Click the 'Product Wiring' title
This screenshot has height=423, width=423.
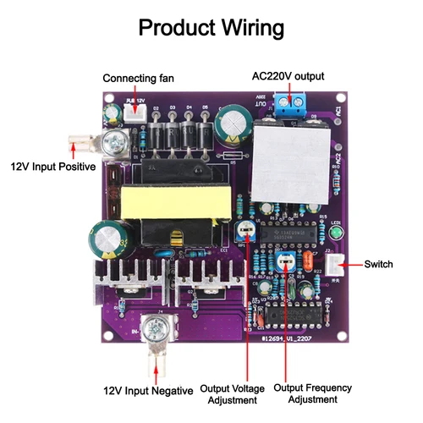[x=211, y=27]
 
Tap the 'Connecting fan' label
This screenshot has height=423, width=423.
[x=139, y=79]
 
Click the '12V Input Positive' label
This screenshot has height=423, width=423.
[x=47, y=166]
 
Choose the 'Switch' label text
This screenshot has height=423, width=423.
[x=378, y=265]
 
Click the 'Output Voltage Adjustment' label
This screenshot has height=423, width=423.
[x=232, y=394]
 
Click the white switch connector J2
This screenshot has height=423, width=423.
[x=337, y=265]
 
